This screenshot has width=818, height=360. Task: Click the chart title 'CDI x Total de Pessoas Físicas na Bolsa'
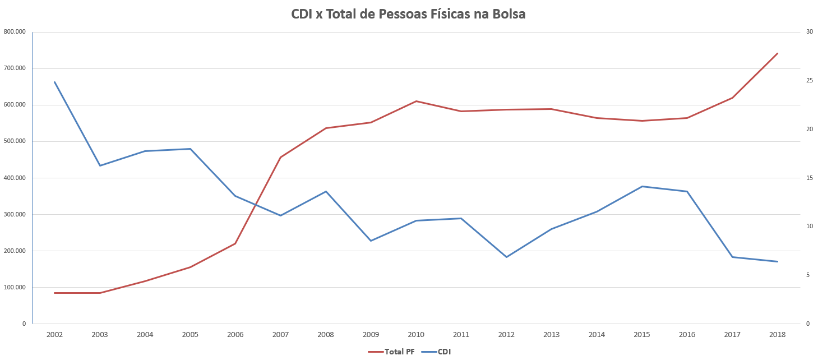point(408,15)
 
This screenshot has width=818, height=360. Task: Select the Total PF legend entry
point(391,352)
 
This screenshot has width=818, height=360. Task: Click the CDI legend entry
point(437,352)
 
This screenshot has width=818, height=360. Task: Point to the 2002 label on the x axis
point(54,334)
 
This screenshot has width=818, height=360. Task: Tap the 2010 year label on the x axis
point(416,334)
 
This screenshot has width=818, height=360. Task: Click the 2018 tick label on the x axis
point(777,334)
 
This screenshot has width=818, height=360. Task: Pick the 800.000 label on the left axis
point(15,32)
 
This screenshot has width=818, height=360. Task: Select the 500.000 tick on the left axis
point(15,141)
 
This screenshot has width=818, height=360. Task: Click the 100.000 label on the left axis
point(15,287)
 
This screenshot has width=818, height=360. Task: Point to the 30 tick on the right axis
point(810,32)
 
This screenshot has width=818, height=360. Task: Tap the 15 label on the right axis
point(810,178)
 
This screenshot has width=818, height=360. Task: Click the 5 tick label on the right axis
point(808,275)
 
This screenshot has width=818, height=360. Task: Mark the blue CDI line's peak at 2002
point(55,82)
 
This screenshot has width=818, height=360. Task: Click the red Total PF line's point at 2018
point(777,53)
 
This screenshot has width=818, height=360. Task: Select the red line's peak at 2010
point(416,101)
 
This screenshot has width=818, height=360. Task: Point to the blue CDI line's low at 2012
point(506,257)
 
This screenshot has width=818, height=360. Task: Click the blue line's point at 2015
point(642,186)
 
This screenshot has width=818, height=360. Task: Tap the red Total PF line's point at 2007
point(280,157)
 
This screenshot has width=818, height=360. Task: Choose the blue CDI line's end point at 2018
point(777,261)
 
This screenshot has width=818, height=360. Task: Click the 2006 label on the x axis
point(235,334)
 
